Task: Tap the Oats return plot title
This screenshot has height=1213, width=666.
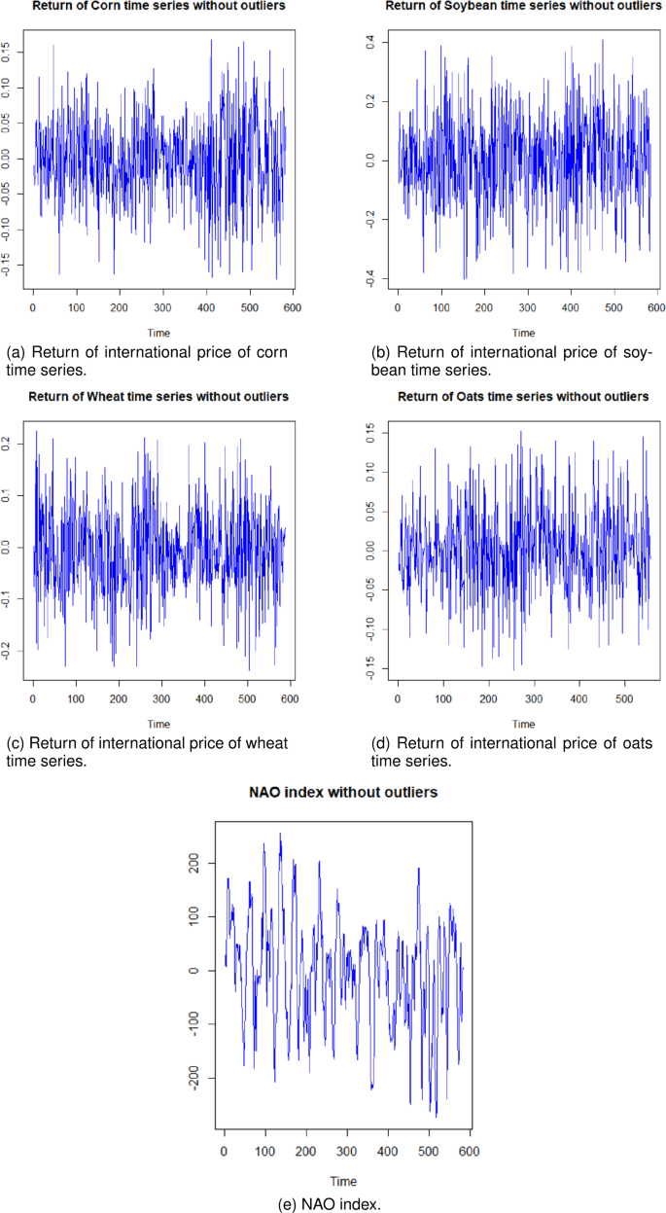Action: (x=523, y=397)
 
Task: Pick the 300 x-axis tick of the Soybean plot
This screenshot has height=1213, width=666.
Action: (x=527, y=308)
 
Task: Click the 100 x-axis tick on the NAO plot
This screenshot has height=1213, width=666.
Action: (x=265, y=1152)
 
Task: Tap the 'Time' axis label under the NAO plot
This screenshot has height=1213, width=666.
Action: (x=336, y=1181)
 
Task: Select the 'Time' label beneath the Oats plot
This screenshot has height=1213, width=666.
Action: (x=523, y=724)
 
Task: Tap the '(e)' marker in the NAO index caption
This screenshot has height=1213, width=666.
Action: (x=288, y=1204)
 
